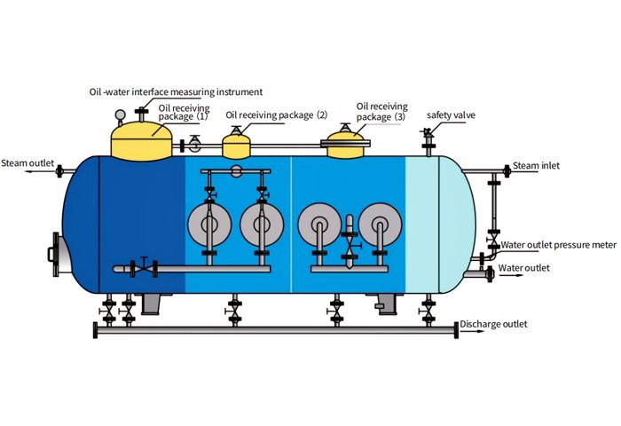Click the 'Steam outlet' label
click(28, 163)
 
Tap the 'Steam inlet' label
click(538, 165)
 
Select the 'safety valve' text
click(449, 115)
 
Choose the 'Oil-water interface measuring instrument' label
click(176, 91)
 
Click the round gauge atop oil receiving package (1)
click(120, 114)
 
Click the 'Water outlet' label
click(523, 267)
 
